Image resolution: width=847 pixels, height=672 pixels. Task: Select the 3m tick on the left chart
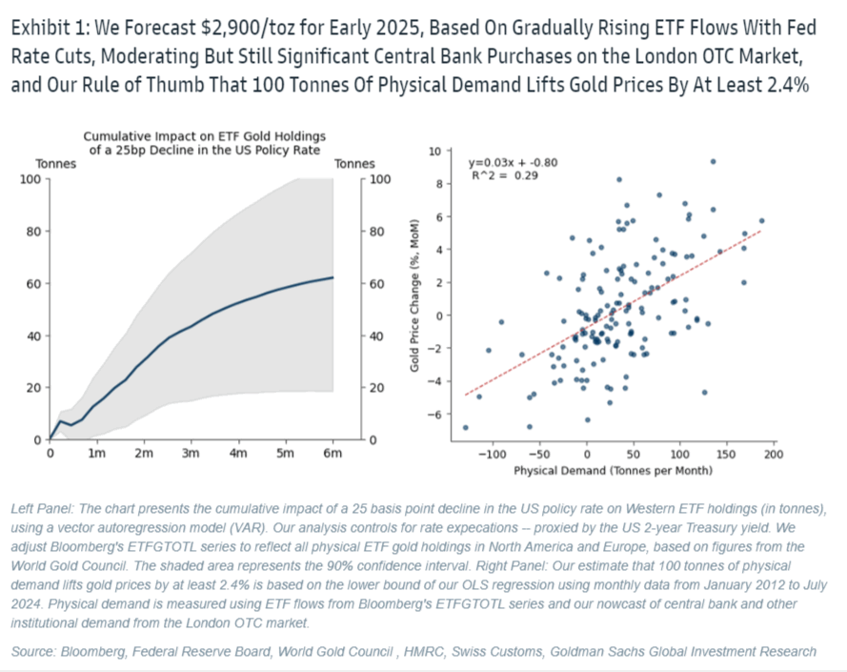190,454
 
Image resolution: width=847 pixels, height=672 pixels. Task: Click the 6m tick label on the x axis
331,454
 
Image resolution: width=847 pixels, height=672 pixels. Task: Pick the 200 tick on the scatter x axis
774,456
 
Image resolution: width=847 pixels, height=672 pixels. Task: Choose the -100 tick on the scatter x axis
493,456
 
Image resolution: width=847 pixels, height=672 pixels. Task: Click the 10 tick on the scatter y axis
434,151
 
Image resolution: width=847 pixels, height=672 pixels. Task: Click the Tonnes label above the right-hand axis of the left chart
354,164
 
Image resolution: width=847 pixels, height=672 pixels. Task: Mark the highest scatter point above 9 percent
713,161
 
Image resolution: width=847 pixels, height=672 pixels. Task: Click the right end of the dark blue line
333,277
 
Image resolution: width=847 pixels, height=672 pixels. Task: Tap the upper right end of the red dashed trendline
759,231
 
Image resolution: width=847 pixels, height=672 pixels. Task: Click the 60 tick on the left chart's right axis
373,283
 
